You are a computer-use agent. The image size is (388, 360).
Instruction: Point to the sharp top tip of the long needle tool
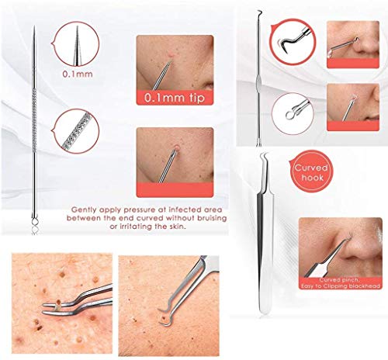coord(35,29)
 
